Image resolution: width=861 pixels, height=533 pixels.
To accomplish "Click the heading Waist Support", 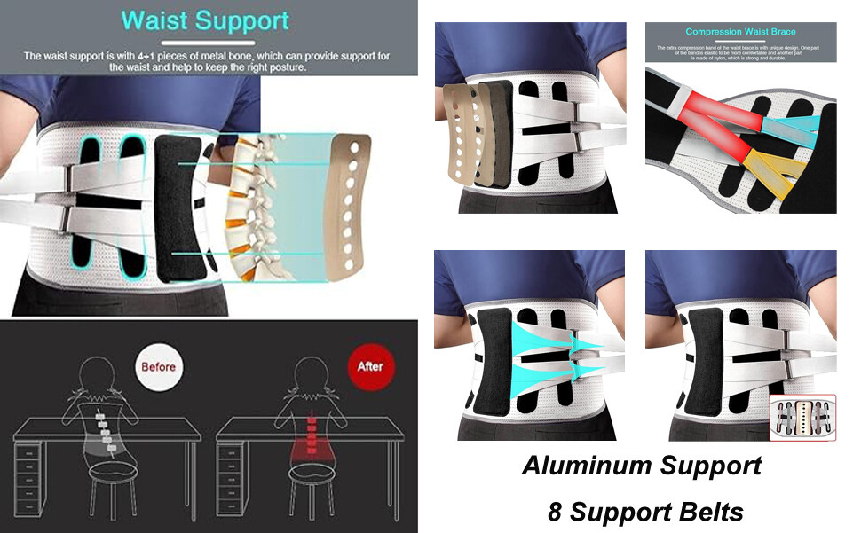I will [205, 20].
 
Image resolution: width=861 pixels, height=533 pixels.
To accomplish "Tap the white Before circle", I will [158, 366].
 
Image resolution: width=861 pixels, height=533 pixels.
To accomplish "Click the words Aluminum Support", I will [641, 465].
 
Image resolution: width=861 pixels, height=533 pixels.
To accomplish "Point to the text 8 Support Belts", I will [645, 512].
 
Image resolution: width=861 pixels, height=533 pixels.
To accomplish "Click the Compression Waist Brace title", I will [740, 32].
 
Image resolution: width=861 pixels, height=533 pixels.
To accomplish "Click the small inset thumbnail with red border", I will [802, 417].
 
